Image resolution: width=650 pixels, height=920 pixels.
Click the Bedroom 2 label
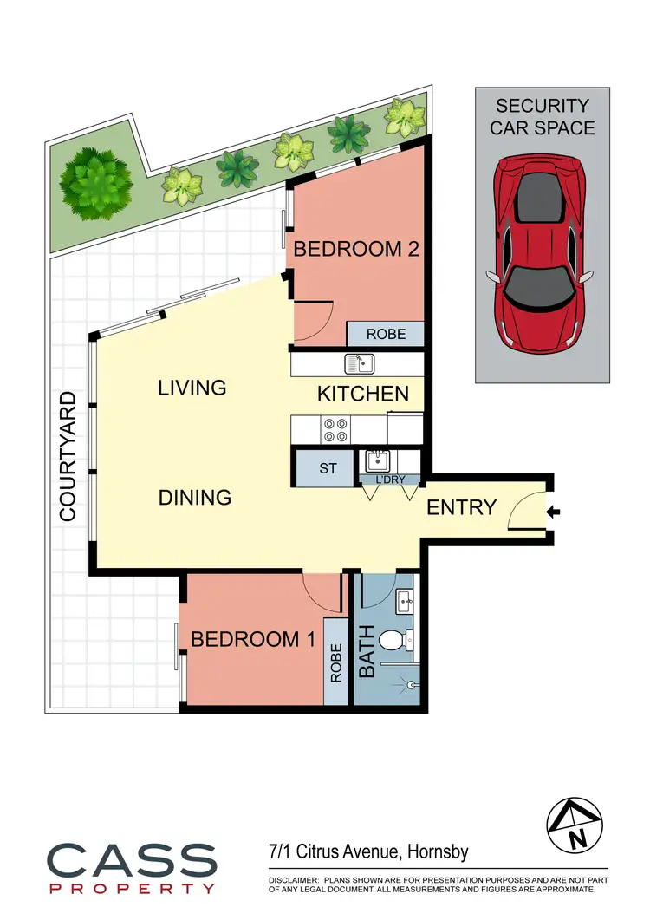[356, 250]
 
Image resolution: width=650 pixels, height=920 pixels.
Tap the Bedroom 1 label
[252, 640]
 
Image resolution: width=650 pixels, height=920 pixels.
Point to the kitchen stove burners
[335, 429]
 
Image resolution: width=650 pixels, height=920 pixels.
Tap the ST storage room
[328, 469]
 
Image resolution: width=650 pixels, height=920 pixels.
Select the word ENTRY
[462, 507]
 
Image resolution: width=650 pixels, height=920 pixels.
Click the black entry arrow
[555, 513]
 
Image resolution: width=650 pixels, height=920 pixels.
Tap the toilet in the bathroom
[393, 641]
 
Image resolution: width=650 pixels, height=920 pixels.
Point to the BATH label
[367, 652]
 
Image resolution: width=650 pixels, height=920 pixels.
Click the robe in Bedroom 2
[385, 334]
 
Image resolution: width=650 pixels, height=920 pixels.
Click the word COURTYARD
[68, 456]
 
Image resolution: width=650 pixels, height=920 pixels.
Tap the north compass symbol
[574, 825]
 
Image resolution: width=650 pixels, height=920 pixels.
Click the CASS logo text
[131, 860]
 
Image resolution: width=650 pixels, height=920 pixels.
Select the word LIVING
[192, 388]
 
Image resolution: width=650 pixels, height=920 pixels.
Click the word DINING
[195, 498]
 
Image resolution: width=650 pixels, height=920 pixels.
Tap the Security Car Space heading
[543, 117]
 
